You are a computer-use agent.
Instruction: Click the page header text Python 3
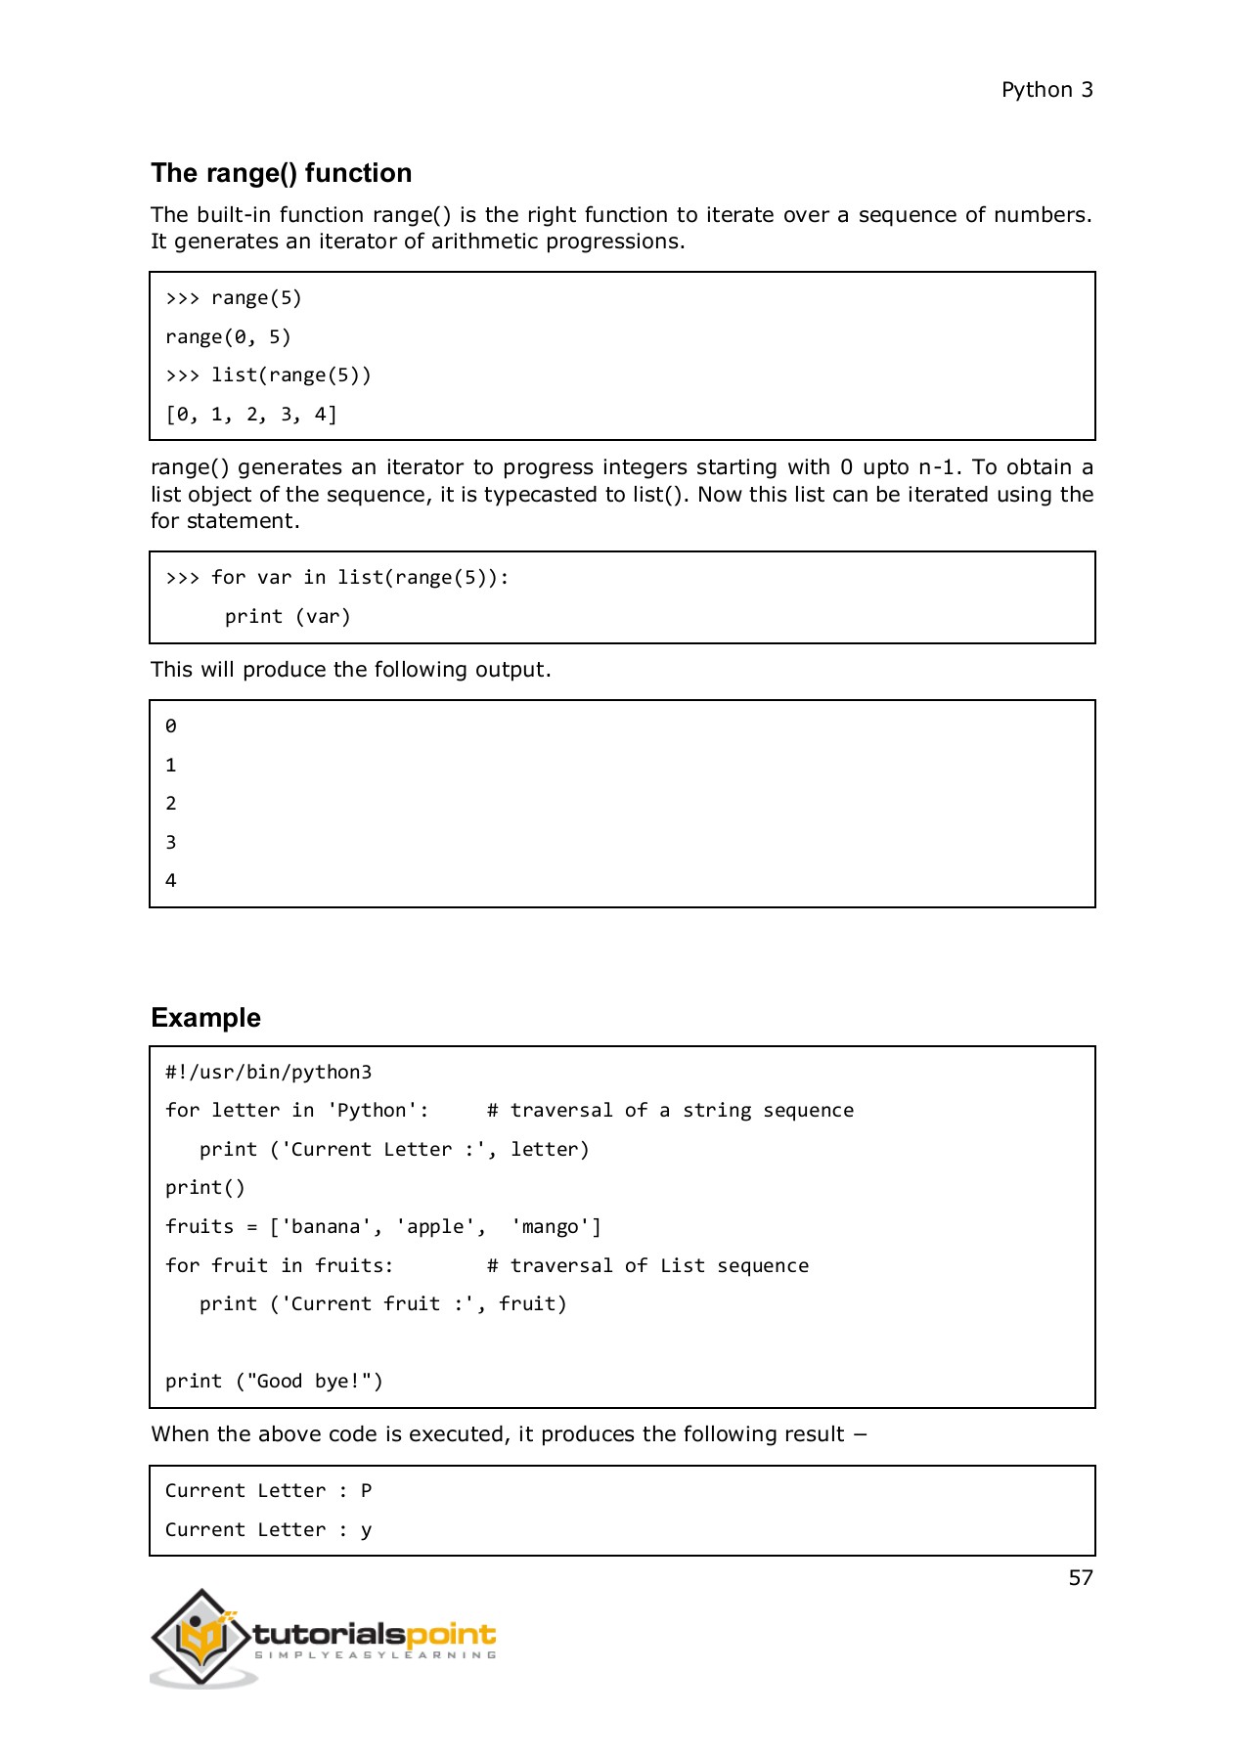[x=1046, y=90]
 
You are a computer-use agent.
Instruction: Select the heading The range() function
[x=281, y=173]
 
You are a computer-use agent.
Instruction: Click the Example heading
[x=205, y=1018]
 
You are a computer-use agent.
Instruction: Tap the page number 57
[x=1080, y=1578]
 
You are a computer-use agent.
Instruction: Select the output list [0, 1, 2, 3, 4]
[x=251, y=415]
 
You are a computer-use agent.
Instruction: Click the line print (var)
[x=287, y=617]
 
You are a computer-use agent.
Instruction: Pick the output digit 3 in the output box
[x=171, y=842]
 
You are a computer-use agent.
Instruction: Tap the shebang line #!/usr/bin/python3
[x=268, y=1073]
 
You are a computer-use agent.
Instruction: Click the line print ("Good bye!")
[x=274, y=1382]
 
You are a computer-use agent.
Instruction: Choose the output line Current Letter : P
[x=268, y=1491]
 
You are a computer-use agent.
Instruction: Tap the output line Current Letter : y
[x=268, y=1530]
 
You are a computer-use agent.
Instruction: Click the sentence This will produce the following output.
[x=350, y=670]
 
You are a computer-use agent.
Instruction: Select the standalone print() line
[x=205, y=1188]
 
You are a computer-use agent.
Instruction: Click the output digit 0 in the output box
[x=171, y=726]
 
